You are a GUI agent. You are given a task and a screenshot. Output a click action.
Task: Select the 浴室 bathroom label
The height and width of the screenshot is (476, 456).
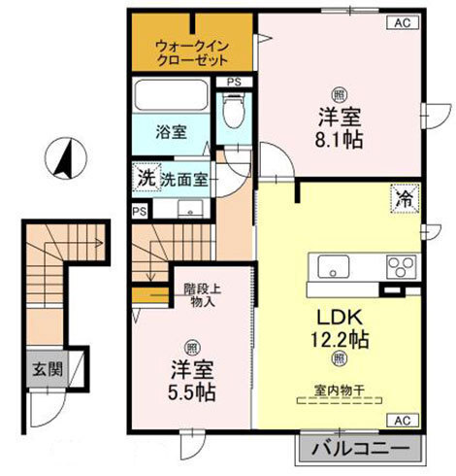(174, 132)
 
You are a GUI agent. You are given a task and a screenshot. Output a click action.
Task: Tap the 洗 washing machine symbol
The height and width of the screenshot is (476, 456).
(145, 178)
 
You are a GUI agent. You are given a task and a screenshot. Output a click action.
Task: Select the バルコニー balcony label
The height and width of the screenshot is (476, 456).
(362, 449)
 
